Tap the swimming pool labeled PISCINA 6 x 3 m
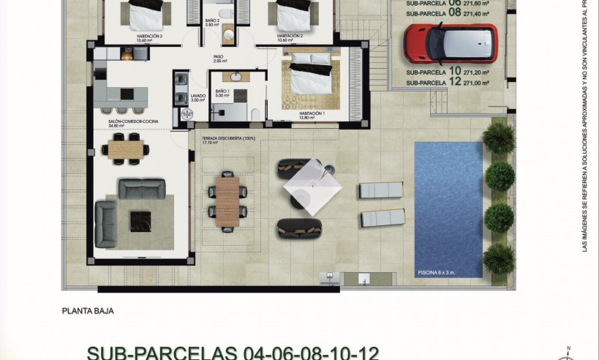(448, 209)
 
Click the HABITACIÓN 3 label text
(149, 35)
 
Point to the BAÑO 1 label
(222, 91)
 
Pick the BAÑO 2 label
(212, 21)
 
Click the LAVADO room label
(198, 96)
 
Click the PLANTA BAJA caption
(88, 311)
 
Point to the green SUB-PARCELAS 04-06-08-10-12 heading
(233, 353)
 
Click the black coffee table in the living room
(140, 217)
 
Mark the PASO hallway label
(217, 59)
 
